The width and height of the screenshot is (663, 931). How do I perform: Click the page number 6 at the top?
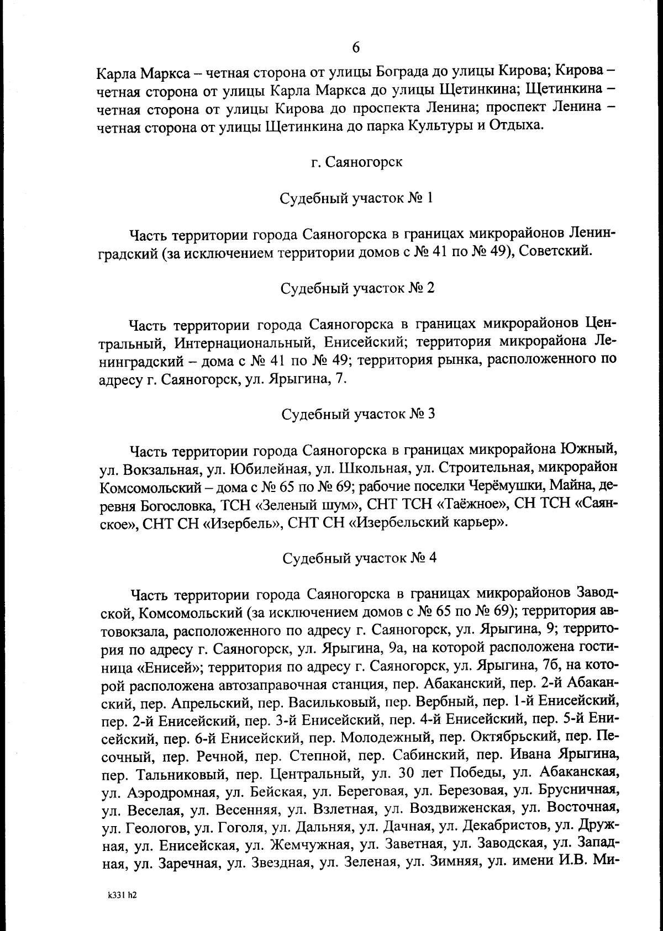(x=356, y=47)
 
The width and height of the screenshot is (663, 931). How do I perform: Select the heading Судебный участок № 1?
(x=356, y=198)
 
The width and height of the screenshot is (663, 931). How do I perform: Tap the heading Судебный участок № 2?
(x=357, y=288)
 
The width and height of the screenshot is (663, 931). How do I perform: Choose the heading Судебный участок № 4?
(x=359, y=557)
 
